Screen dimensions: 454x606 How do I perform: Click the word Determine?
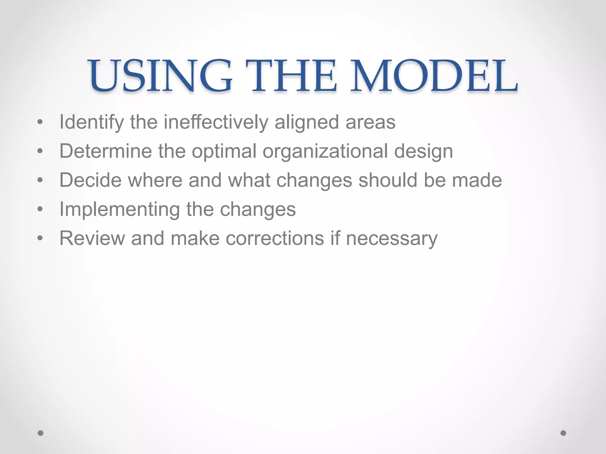point(106,151)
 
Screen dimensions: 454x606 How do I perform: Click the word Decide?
point(91,180)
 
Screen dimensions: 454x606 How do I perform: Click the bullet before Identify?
point(40,122)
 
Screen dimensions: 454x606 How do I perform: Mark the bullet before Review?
point(40,238)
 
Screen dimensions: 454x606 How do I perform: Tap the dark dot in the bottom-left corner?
point(41,433)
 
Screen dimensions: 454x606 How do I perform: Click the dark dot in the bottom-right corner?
point(563,433)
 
